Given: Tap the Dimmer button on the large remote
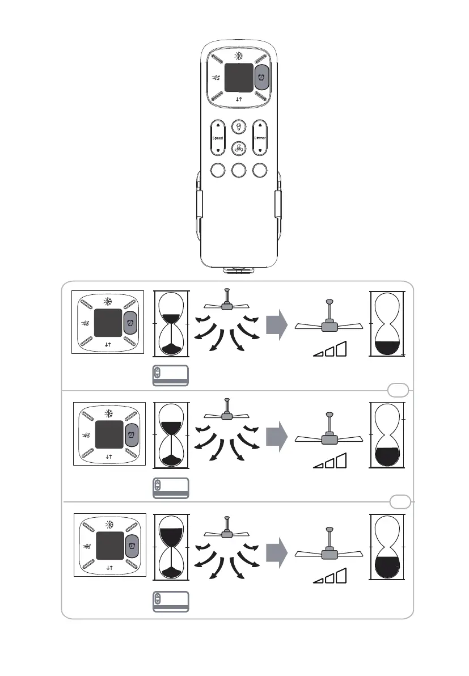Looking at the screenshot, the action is [260, 138].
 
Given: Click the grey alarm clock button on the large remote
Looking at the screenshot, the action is [261, 78].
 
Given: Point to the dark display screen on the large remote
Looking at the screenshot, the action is [239, 77].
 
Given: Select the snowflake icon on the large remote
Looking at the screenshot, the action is [238, 56].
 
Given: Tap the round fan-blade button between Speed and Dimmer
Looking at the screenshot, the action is [239, 149].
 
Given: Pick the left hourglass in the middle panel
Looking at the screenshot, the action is [171, 434].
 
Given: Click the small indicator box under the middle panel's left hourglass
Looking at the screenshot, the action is [171, 487].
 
